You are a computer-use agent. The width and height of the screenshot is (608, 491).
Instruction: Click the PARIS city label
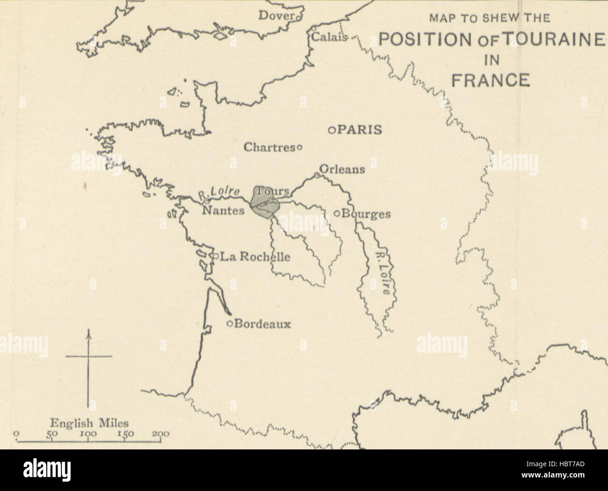(x=360, y=130)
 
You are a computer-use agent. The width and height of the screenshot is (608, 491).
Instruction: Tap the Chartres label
(x=268, y=147)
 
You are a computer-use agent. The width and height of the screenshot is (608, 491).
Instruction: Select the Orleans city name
(x=342, y=169)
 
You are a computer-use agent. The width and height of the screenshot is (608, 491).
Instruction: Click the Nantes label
(x=223, y=211)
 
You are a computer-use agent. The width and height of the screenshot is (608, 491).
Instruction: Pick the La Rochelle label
(x=255, y=256)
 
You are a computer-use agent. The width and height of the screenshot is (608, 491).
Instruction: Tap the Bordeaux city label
(x=262, y=324)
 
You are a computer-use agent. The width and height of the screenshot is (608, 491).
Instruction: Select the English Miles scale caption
(x=89, y=423)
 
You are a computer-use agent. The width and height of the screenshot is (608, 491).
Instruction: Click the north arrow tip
(x=88, y=331)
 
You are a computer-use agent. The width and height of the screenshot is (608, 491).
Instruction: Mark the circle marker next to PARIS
(x=331, y=130)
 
